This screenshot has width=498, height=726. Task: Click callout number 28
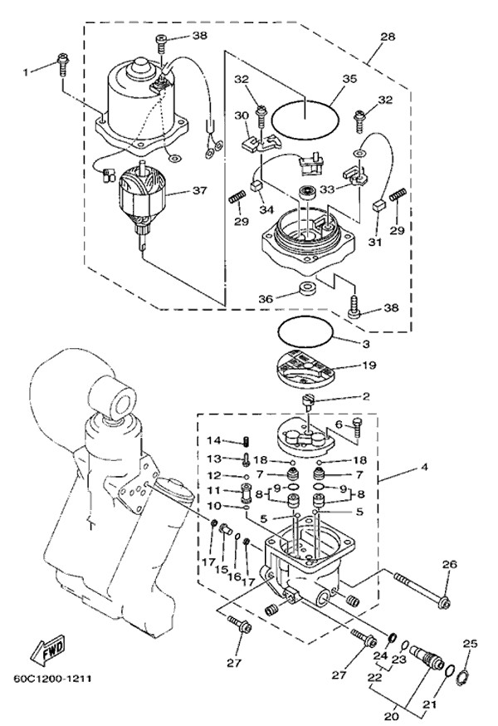387,37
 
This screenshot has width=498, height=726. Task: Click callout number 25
470,644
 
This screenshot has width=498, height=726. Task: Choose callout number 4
424,468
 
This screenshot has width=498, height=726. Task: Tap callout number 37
198,190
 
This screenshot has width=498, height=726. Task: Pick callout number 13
213,459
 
